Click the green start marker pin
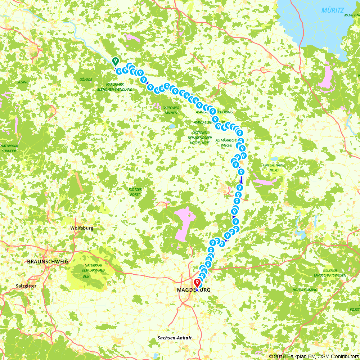pyautogui.click(x=115, y=61)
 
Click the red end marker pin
pyautogui.click(x=197, y=283)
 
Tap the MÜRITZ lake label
pyautogui.click(x=333, y=10)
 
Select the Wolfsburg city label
pyautogui.click(x=82, y=228)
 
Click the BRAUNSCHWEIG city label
pyautogui.click(x=48, y=261)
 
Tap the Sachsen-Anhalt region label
pyautogui.click(x=175, y=338)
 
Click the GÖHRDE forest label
pyautogui.click(x=86, y=80)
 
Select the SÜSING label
pyautogui.click(x=23, y=82)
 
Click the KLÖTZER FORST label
pyautogui.click(x=135, y=192)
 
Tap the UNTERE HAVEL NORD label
pyautogui.click(x=274, y=167)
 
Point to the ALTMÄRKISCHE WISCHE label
pyautogui.click(x=226, y=143)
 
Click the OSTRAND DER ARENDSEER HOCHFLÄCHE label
pyautogui.click(x=198, y=138)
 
